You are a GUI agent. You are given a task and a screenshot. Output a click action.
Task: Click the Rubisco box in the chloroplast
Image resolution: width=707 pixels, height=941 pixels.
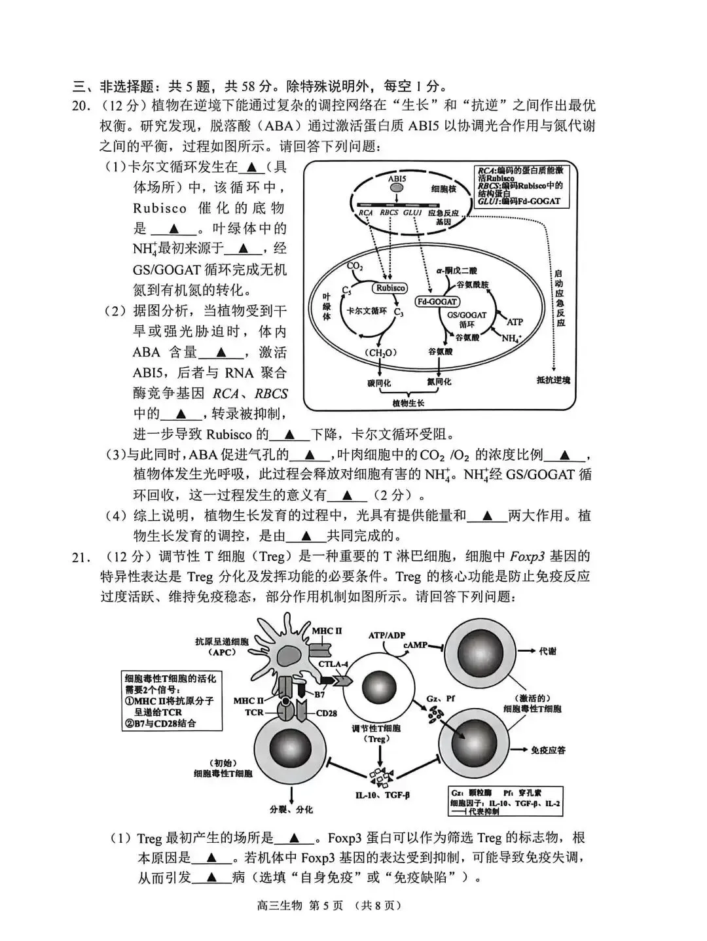(390, 288)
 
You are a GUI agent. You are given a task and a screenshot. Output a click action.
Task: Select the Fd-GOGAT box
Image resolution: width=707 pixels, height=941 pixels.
(438, 302)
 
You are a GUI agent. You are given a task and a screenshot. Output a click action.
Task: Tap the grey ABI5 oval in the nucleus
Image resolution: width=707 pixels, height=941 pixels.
(397, 188)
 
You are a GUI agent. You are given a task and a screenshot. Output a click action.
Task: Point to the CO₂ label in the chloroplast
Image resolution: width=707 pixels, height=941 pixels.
(354, 266)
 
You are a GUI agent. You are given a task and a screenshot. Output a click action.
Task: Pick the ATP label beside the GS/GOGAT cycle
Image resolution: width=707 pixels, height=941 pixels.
(515, 322)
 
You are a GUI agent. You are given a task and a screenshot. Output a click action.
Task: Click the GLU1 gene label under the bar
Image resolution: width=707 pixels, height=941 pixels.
(412, 213)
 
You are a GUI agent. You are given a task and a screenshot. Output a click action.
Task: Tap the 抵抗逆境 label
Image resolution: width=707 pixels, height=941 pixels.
(553, 380)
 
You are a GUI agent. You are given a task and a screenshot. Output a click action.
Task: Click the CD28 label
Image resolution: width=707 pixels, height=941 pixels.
(326, 713)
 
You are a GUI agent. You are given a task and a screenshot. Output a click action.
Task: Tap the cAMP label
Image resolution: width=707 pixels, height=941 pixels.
(415, 645)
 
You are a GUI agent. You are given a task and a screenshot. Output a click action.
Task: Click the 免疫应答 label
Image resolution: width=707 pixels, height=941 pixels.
(548, 750)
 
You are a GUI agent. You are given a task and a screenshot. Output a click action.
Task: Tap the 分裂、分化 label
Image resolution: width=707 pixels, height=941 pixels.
(291, 809)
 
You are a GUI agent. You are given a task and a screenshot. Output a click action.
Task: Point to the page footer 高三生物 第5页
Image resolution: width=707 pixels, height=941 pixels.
(353, 906)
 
